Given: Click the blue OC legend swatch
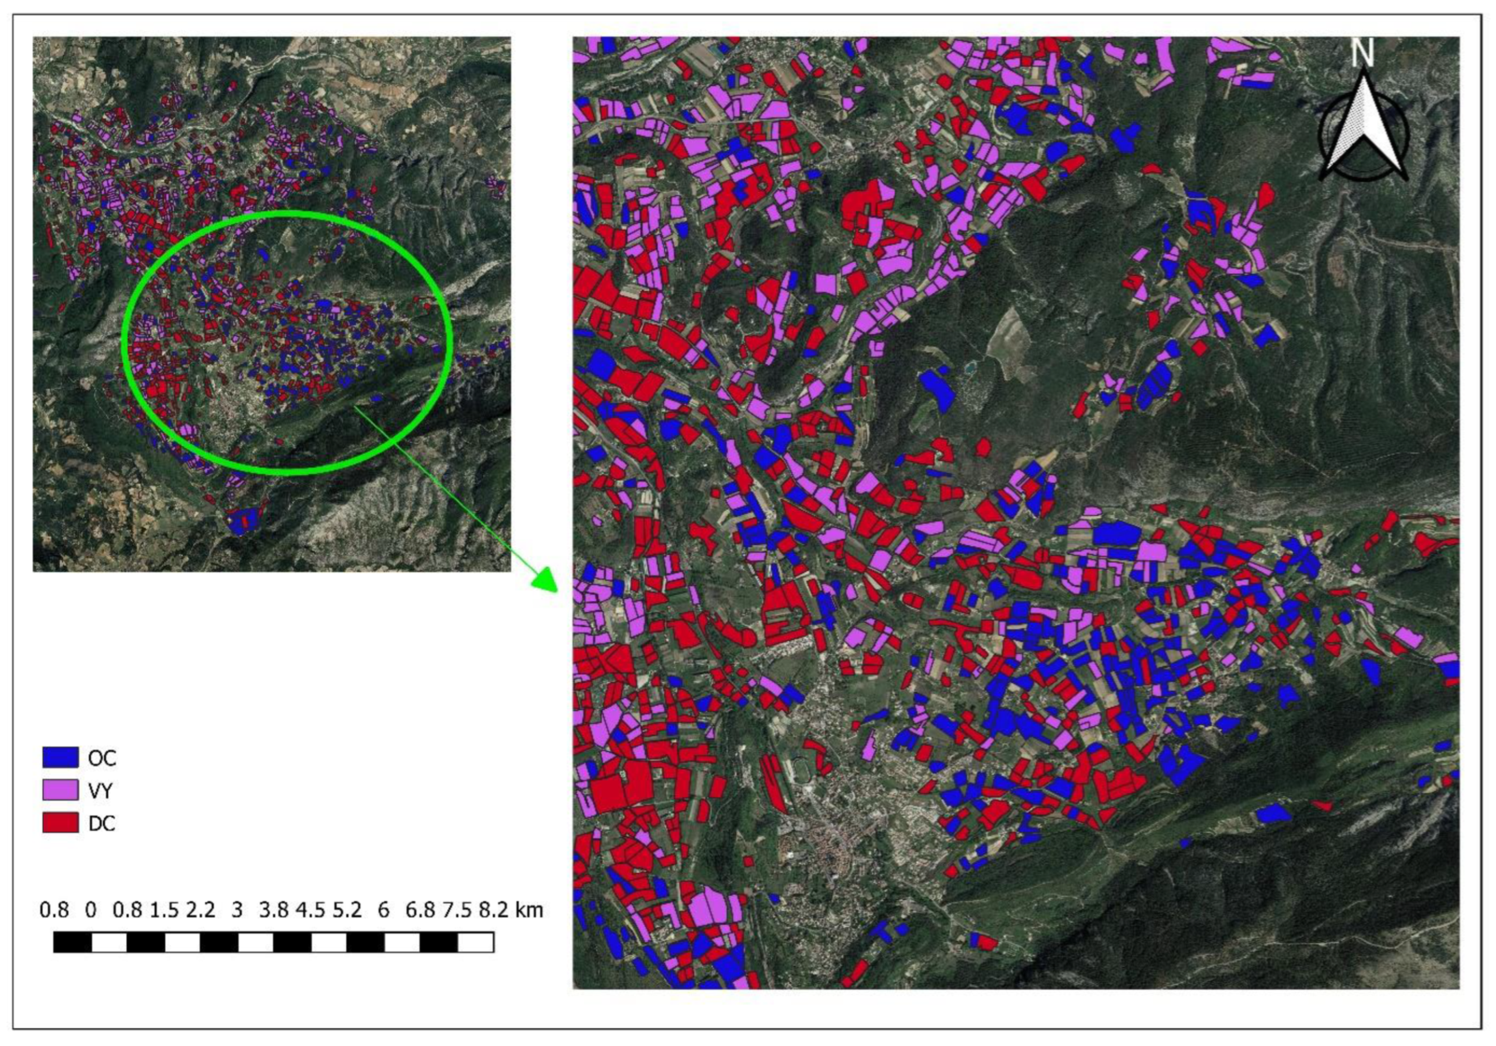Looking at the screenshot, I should (60, 757).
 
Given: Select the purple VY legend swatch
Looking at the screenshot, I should (60, 790).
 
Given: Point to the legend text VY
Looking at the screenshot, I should (100, 791).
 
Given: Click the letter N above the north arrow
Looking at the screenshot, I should (1362, 53).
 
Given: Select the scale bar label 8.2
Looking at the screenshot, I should (493, 910).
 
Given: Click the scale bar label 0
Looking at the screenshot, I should (91, 910).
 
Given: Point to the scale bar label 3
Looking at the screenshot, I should (237, 910).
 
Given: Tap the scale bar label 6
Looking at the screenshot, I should (383, 910).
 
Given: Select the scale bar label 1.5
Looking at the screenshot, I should (164, 910).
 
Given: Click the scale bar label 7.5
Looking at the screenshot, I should (457, 910).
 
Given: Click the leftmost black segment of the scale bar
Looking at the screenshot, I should (72, 942).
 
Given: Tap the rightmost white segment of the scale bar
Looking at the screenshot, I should (475, 942).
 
